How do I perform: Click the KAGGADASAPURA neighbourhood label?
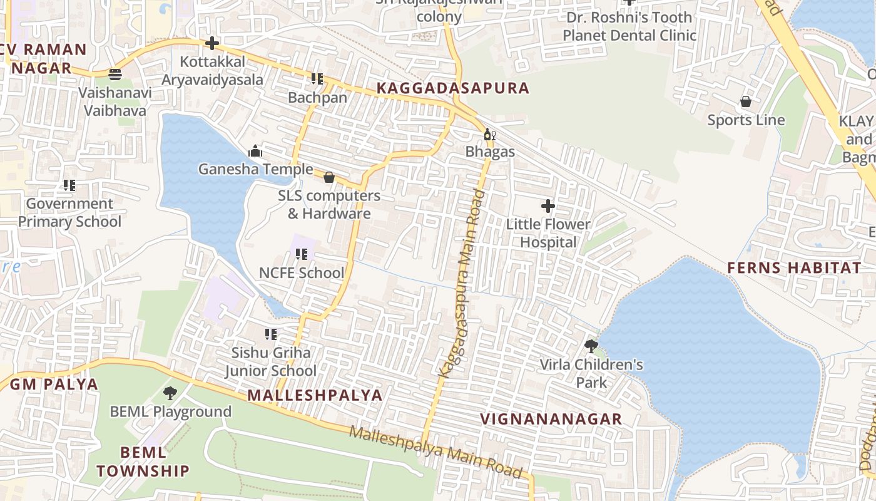point(453,88)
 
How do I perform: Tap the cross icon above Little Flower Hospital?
point(548,205)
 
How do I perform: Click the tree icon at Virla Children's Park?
point(591,346)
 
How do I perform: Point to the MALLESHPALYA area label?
point(315,395)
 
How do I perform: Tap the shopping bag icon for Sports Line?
point(746,101)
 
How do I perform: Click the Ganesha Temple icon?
point(255,151)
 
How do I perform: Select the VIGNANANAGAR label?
point(551,419)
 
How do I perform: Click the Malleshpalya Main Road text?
point(435,452)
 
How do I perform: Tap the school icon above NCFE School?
point(302,254)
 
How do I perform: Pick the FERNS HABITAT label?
point(794,268)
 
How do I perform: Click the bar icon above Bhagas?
point(489,135)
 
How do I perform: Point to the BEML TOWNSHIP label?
point(143,461)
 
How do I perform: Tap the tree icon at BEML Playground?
point(170,393)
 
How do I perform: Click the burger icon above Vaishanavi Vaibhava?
point(115,75)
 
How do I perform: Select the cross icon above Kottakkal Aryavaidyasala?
point(212,43)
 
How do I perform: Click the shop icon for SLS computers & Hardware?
point(329,178)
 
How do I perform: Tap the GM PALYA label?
point(54,384)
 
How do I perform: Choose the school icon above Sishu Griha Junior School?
point(271,334)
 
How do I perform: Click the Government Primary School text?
point(69,212)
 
